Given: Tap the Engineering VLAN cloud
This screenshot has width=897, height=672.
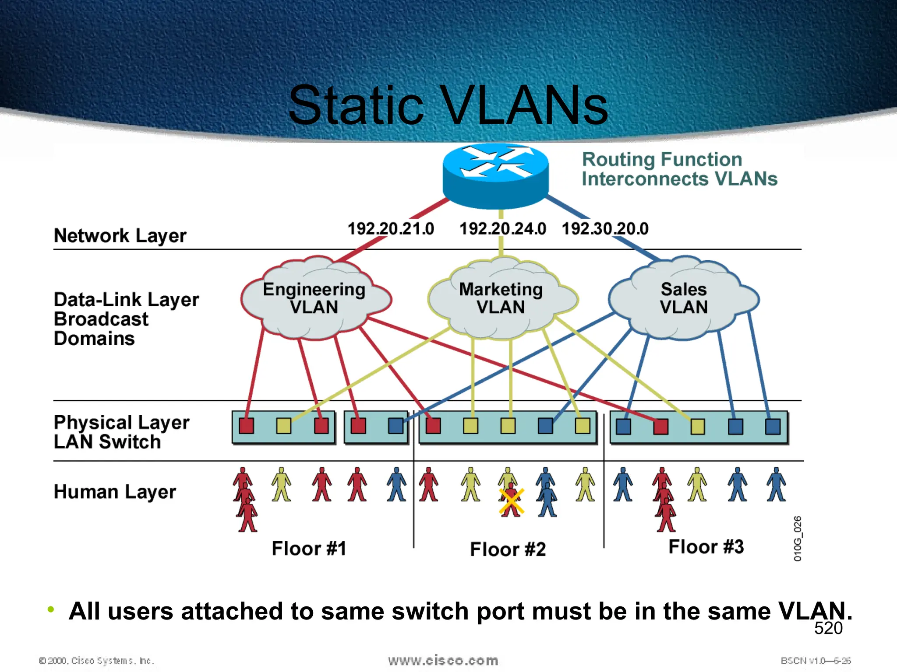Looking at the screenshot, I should click(314, 298).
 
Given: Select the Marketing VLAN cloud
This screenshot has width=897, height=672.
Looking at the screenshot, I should click(501, 298).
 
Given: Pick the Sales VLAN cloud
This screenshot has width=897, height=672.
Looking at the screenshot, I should click(684, 298).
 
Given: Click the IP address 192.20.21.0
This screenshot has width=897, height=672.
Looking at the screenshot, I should click(391, 229).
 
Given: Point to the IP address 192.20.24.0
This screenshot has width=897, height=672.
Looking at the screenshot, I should click(502, 229).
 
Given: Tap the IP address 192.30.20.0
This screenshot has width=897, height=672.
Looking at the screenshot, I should click(605, 229).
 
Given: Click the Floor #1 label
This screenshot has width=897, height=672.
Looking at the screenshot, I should click(309, 549).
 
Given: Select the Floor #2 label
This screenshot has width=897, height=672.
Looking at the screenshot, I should click(508, 549).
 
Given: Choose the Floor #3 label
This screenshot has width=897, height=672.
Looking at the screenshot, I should click(706, 547).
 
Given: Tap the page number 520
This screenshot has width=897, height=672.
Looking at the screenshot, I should click(828, 628).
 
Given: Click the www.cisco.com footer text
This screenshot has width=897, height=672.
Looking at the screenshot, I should click(443, 661).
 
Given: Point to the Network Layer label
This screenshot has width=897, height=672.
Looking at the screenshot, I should click(120, 236).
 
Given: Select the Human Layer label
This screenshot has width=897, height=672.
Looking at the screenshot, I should click(115, 492).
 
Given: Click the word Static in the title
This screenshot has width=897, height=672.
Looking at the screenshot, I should click(356, 106).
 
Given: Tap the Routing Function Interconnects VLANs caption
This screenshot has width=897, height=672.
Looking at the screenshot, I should click(679, 169).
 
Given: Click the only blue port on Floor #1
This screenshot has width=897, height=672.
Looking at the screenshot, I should click(396, 426).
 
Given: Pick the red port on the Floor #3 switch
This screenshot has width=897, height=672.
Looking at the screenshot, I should click(660, 427).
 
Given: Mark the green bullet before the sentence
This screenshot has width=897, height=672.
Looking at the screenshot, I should click(51, 609).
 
